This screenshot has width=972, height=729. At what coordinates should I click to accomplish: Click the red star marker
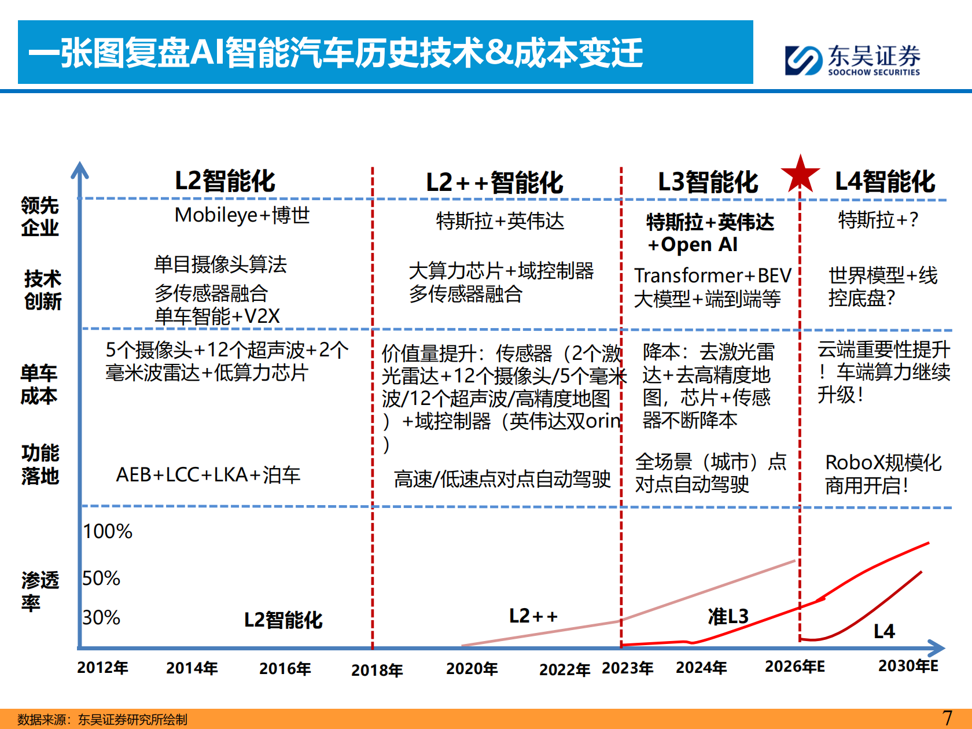coord(800,174)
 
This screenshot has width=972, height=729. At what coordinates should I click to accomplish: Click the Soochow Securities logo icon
coord(803,61)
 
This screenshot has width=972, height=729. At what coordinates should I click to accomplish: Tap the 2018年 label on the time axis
coord(377,670)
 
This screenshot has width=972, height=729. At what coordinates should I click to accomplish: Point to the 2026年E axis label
coord(794,667)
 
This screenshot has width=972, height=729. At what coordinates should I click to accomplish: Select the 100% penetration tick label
coord(108,532)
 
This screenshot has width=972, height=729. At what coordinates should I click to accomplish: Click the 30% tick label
coord(101,618)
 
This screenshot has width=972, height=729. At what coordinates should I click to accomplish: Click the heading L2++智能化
coord(494,183)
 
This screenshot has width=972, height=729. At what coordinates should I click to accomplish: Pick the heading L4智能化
coord(885,182)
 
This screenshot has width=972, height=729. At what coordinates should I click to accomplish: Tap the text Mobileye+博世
coord(242,215)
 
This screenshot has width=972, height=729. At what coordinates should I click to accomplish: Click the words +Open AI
coord(692,245)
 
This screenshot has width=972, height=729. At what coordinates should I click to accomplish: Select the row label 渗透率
coord(40,591)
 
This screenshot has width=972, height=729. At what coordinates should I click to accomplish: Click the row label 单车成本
coord(39,385)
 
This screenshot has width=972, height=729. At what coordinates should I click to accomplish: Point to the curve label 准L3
coord(728,617)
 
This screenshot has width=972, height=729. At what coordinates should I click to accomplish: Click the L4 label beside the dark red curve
coord(883,631)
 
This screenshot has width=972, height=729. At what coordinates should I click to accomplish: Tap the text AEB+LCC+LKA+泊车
coord(208,475)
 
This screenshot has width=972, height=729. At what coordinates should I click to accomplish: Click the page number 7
coord(947,718)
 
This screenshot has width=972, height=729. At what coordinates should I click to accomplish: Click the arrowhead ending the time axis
coord(937,648)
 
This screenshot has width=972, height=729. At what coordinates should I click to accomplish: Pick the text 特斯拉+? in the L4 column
coord(878,220)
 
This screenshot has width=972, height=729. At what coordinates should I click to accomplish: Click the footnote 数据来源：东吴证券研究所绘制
coord(102,720)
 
